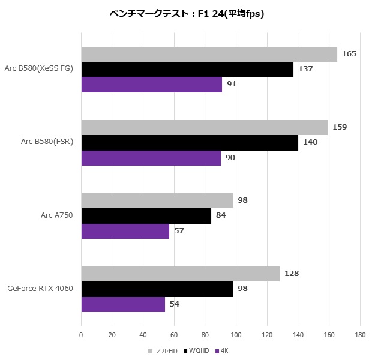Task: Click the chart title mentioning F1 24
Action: (x=187, y=13)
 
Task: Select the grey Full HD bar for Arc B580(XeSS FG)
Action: (x=209, y=54)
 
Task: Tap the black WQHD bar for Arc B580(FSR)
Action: (x=190, y=143)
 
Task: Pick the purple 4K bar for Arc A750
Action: (x=125, y=231)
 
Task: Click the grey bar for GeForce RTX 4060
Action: (x=180, y=274)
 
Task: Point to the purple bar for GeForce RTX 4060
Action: (x=123, y=304)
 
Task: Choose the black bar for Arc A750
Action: (x=146, y=216)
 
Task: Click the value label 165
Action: (x=349, y=54)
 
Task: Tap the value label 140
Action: (x=310, y=143)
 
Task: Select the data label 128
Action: (x=292, y=274)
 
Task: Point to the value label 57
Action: (x=179, y=231)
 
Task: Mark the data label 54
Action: (x=175, y=304)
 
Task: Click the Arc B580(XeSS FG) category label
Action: (x=38, y=68)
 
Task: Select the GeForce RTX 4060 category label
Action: (x=40, y=289)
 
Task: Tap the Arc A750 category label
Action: (x=55, y=215)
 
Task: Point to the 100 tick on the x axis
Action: (x=236, y=334)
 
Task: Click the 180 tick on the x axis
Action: (x=360, y=334)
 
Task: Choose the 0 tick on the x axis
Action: (x=81, y=334)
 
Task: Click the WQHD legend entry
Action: (x=197, y=350)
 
